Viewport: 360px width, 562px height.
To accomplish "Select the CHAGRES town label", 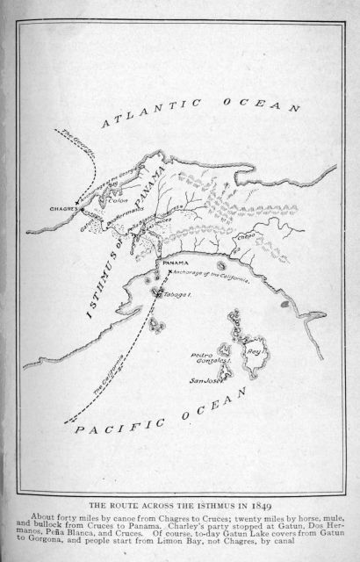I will pyautogui.click(x=61, y=210).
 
